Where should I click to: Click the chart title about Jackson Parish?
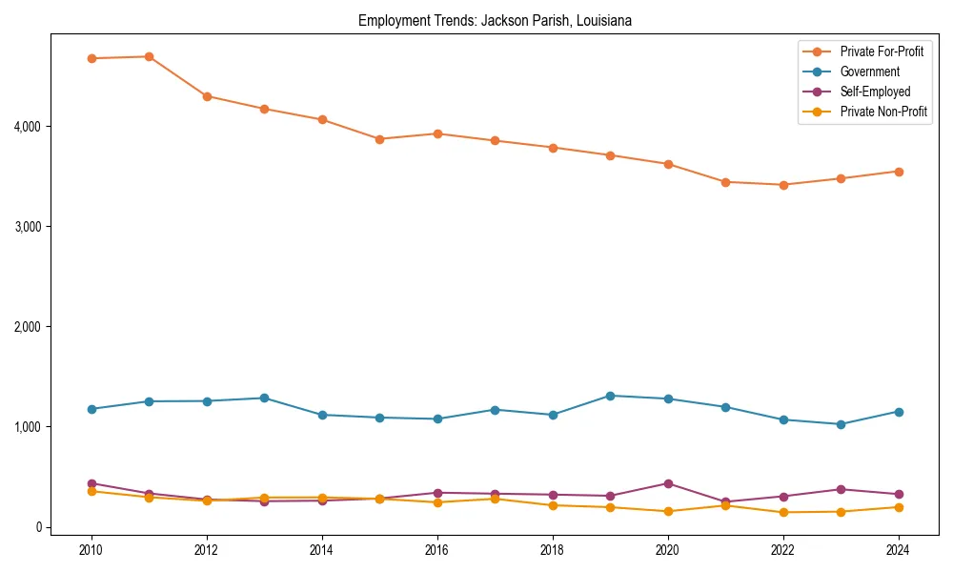[x=495, y=20]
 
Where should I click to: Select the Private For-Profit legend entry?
[x=882, y=51]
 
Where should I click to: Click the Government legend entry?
[x=869, y=71]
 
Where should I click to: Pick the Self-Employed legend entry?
[x=875, y=92]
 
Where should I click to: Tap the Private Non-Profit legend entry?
[x=883, y=112]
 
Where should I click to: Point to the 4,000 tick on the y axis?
[x=29, y=126]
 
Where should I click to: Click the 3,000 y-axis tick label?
[x=29, y=226]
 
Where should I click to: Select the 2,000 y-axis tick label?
[x=29, y=326]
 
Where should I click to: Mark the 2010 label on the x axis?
[x=91, y=550]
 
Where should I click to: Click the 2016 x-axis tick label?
[x=437, y=550]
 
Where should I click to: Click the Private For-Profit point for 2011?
[x=150, y=56]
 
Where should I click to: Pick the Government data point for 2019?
[x=610, y=396]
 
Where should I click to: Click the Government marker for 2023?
[x=841, y=424]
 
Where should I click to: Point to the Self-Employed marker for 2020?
[x=668, y=483]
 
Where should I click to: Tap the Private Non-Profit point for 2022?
[x=783, y=513]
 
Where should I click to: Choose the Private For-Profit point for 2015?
[x=379, y=139]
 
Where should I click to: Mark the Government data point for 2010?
[x=91, y=409]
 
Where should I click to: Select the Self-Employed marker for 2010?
[x=91, y=483]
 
